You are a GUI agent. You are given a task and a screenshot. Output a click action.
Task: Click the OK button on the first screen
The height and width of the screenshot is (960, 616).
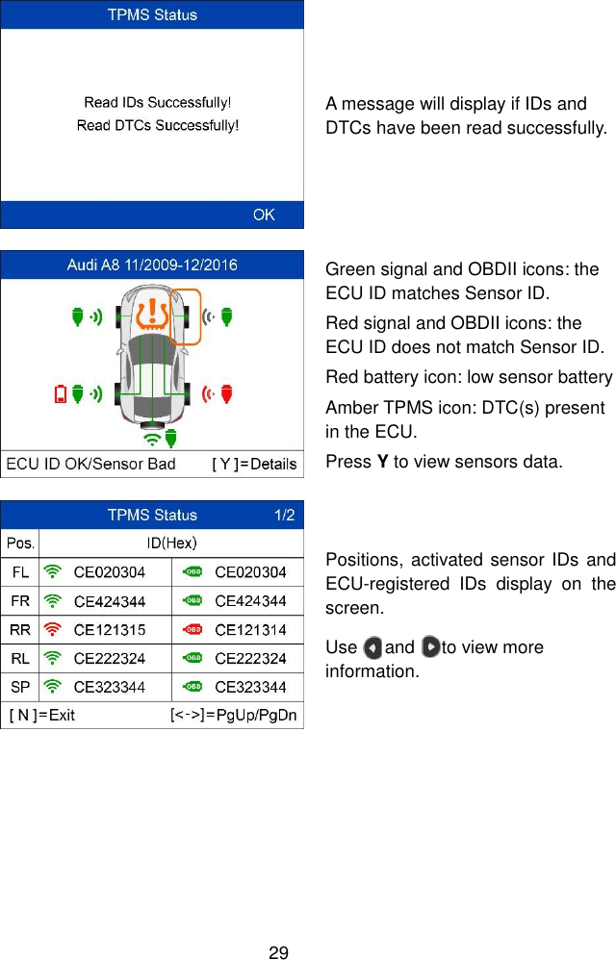tap(264, 215)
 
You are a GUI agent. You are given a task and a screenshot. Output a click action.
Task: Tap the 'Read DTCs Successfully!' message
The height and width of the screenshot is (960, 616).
tap(158, 125)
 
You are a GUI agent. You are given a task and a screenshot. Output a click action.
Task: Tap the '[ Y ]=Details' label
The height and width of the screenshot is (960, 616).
tap(254, 465)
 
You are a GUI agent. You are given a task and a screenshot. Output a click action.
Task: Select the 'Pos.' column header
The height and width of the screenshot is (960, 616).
tap(20, 543)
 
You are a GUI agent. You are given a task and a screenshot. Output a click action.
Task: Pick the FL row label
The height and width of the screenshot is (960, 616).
tap(20, 572)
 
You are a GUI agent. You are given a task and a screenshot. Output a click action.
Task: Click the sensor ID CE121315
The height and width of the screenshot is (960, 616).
tap(110, 630)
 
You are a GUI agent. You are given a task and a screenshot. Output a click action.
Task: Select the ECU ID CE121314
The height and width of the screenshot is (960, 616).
tap(250, 630)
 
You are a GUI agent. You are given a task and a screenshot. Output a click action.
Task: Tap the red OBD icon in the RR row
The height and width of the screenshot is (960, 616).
tap(193, 630)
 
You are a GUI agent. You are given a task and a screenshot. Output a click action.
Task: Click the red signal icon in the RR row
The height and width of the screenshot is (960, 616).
tap(54, 630)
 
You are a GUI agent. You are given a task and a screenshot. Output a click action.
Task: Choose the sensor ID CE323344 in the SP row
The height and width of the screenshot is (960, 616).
tap(110, 687)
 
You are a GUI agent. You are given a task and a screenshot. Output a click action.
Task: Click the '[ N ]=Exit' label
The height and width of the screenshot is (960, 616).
tap(42, 716)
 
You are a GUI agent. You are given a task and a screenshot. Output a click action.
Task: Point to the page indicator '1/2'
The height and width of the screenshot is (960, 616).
tap(285, 516)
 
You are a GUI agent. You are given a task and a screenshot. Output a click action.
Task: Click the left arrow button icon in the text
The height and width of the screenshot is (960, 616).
tap(373, 647)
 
